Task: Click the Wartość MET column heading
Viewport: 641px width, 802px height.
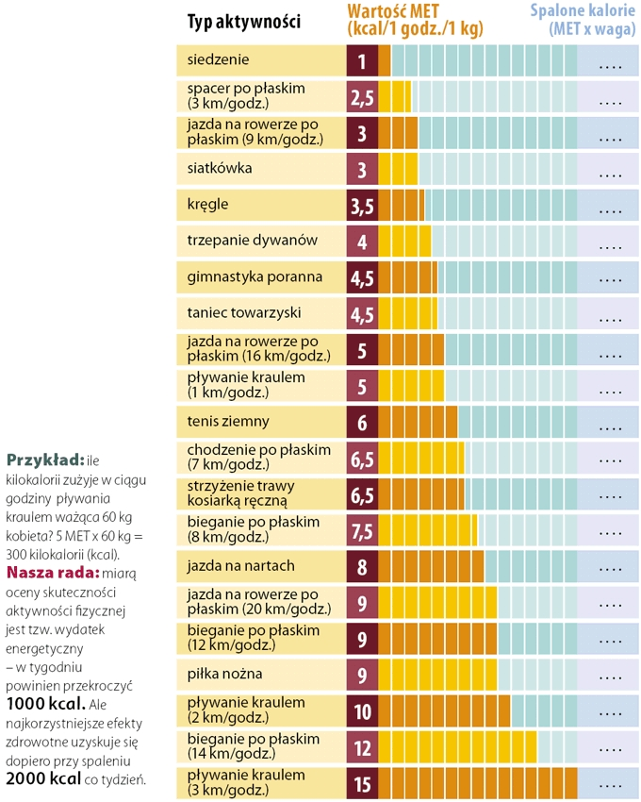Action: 415,19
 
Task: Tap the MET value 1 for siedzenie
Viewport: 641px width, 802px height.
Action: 362,61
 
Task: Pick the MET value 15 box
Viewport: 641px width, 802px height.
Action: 362,783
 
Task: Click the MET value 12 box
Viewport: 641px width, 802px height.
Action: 362,746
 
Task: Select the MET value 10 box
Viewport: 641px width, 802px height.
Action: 362,710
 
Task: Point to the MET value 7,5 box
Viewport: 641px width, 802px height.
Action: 362,530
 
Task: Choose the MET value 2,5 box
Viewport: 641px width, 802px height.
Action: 362,97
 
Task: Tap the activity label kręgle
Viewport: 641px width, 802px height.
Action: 208,205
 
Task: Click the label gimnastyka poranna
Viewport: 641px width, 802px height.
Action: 241,277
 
